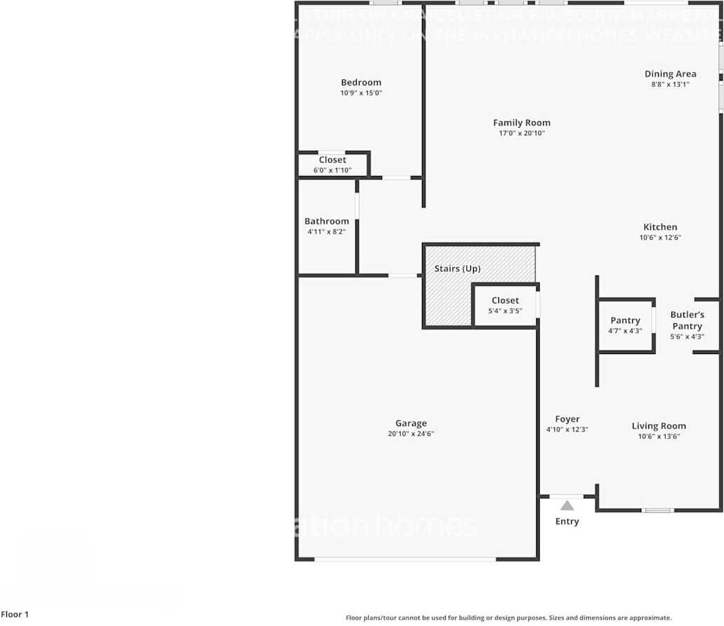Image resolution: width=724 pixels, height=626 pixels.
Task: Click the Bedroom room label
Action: (x=361, y=83)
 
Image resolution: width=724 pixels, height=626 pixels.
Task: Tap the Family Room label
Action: (x=521, y=123)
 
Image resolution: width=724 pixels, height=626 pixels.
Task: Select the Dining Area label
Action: (x=670, y=74)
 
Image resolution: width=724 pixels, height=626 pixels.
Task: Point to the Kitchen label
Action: (x=660, y=227)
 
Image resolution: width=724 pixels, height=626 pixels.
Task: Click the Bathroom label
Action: (x=327, y=222)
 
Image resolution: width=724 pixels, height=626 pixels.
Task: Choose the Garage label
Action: (x=411, y=423)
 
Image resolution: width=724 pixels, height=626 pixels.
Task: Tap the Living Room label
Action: (x=659, y=426)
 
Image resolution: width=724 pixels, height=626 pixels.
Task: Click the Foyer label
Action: (x=567, y=420)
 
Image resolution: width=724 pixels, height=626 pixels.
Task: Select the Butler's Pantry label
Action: (x=687, y=320)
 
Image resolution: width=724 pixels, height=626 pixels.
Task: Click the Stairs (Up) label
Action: (x=458, y=269)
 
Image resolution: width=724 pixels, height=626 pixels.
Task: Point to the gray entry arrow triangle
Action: (x=567, y=505)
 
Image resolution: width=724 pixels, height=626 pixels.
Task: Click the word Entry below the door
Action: (x=567, y=522)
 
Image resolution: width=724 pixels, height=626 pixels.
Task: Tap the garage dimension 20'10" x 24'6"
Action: (x=411, y=434)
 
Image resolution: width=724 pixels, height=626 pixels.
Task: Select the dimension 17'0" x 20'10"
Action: (x=521, y=133)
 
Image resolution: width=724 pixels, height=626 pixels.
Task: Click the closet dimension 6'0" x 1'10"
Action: (x=332, y=170)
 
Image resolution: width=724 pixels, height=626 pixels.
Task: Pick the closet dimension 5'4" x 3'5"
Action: (x=505, y=311)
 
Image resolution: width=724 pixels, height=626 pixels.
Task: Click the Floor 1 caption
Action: (x=15, y=615)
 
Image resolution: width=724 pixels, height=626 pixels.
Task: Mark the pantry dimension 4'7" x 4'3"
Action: (x=625, y=331)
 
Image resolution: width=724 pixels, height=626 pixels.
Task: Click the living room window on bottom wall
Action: (x=659, y=510)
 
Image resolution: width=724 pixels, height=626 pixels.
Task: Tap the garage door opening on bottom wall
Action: (x=405, y=559)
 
